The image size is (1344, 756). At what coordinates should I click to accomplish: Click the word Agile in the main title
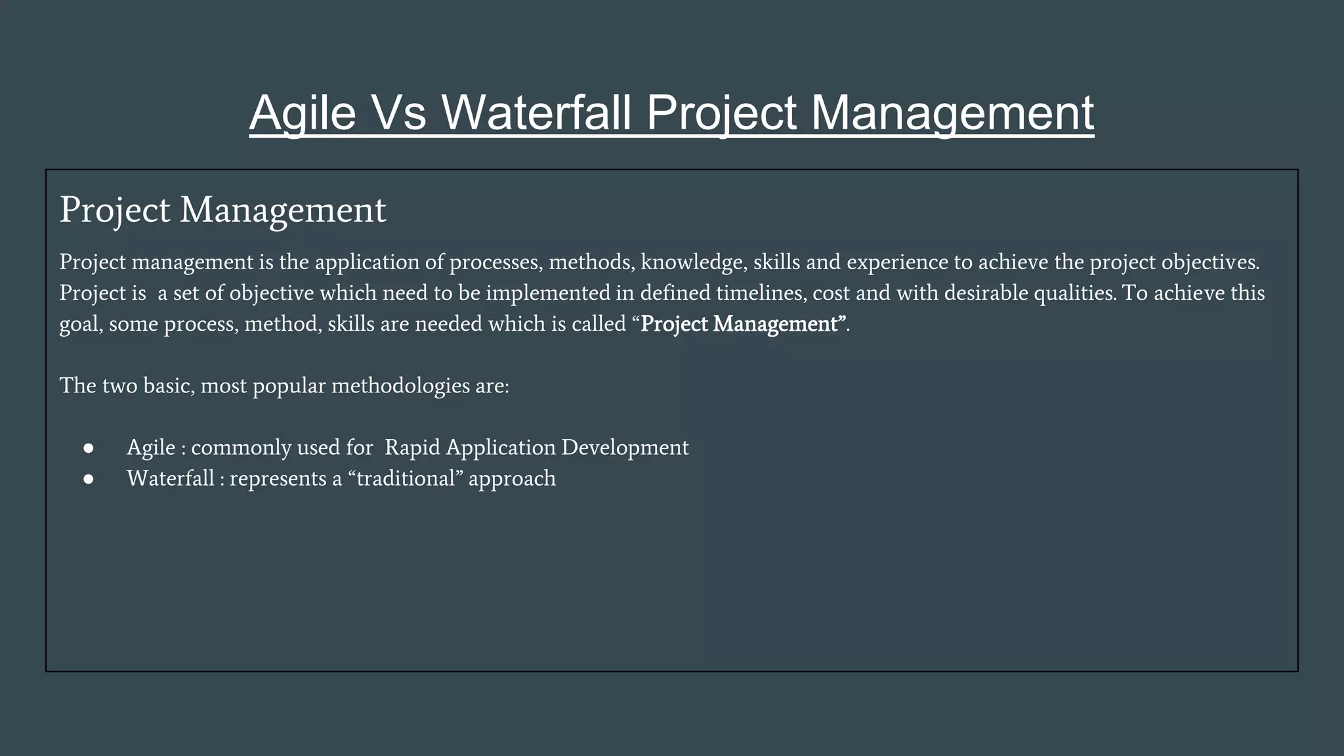[x=303, y=113]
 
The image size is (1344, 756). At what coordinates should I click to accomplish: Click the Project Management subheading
[x=222, y=210]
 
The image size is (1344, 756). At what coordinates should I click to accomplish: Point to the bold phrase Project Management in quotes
[x=742, y=324]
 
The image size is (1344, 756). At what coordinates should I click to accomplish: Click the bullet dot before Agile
[x=89, y=448]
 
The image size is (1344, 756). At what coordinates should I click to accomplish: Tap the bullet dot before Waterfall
[x=89, y=479]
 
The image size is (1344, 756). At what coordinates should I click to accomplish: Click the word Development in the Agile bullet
[x=625, y=448]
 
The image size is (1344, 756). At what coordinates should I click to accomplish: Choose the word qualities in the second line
[x=1074, y=293]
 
